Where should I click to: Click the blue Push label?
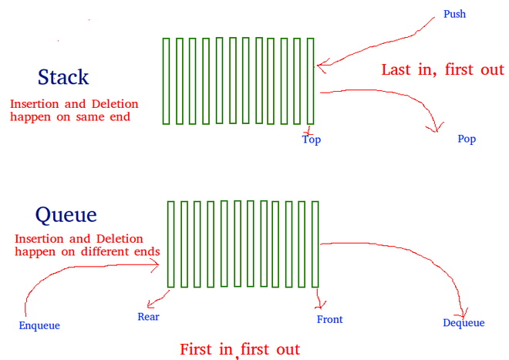454,15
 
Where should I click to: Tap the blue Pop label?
467,139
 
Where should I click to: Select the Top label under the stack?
312,140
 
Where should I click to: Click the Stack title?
63,77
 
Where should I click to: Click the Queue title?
66,215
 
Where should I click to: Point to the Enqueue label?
39,325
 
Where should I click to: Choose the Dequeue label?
463,323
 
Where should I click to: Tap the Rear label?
148,317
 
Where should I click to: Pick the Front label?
329,319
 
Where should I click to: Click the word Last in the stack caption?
396,70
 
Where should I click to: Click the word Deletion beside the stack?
115,104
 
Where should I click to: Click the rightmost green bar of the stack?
310,81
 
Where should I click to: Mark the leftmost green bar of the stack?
167,81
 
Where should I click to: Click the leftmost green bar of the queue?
170,244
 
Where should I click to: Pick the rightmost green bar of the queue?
315,244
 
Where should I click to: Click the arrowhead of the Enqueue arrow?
157,265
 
